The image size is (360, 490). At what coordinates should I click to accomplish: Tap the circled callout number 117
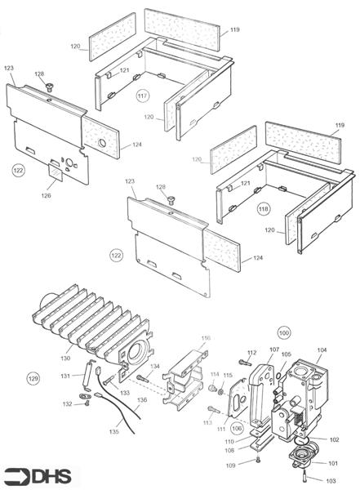click(143, 96)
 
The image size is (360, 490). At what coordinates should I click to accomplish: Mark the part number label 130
click(65, 359)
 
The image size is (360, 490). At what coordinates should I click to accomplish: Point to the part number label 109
click(232, 465)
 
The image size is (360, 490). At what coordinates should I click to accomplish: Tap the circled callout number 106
click(238, 428)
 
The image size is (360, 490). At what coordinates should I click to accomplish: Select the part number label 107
click(274, 350)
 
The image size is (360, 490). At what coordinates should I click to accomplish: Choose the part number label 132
click(68, 404)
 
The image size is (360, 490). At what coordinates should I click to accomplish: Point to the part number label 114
click(214, 375)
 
